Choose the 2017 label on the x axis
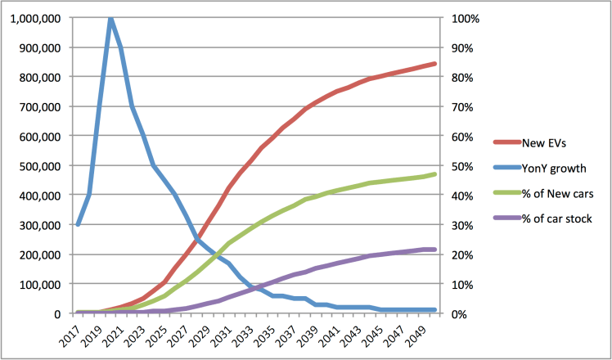[77, 334]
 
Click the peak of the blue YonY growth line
[110, 19]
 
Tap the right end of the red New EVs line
[434, 64]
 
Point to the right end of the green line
[434, 174]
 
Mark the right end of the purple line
[434, 250]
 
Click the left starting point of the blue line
[78, 224]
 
